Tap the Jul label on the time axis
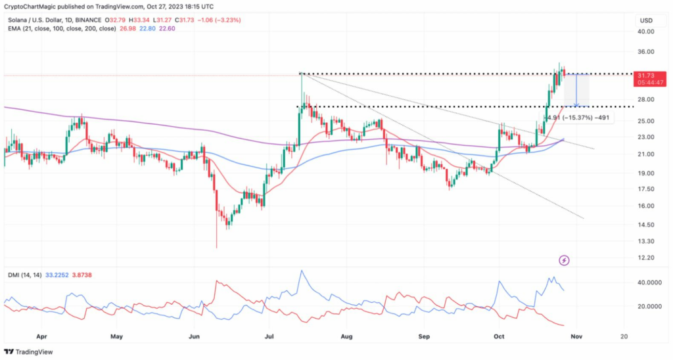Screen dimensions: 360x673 pyautogui.click(x=269, y=336)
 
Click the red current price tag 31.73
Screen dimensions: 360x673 pyautogui.click(x=649, y=76)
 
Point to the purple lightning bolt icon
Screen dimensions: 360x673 pyautogui.click(x=564, y=260)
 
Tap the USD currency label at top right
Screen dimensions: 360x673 pyautogui.click(x=645, y=20)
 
